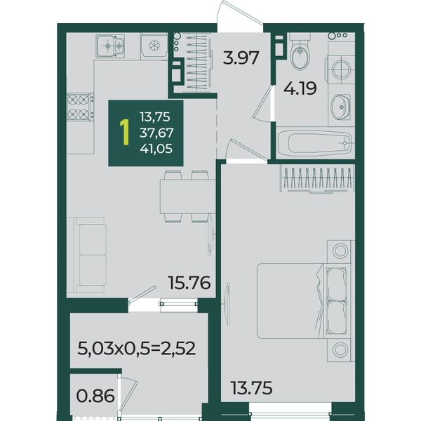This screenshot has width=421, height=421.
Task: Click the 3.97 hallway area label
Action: (x=241, y=58)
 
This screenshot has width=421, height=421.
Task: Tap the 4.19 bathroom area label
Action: (x=300, y=88)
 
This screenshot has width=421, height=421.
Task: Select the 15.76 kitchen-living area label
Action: (x=189, y=283)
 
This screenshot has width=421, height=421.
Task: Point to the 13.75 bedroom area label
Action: (x=252, y=388)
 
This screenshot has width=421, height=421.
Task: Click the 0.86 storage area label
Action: (x=95, y=396)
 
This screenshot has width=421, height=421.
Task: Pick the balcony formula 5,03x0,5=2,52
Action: (x=136, y=349)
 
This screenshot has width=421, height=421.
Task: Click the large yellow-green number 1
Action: (x=125, y=133)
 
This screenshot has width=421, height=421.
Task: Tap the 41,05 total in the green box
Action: (x=156, y=149)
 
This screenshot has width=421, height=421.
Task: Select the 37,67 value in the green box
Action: (x=156, y=133)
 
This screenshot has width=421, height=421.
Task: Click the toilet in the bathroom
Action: (x=300, y=52)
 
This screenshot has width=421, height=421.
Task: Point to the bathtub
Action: (x=314, y=142)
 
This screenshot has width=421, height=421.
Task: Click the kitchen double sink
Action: (x=110, y=46)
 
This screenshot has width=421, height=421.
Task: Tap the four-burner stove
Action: (x=80, y=107)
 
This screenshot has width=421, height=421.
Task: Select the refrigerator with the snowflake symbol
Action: (x=154, y=46)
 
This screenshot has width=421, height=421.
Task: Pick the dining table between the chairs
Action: (x=188, y=196)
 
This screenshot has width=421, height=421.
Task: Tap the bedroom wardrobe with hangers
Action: (x=317, y=179)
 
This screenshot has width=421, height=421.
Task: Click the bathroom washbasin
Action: (x=341, y=107)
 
